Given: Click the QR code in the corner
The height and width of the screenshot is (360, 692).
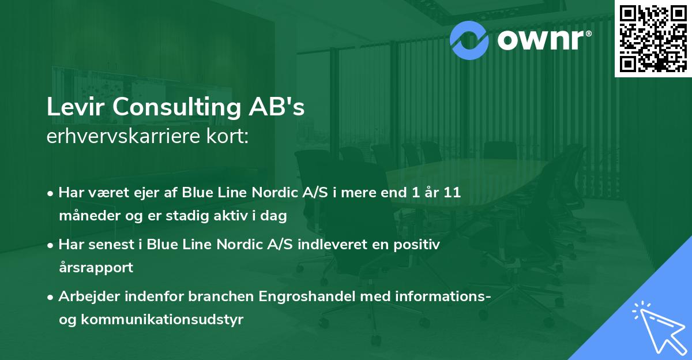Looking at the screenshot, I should [653, 38].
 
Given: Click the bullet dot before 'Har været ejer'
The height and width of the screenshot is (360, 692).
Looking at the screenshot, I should [51, 193].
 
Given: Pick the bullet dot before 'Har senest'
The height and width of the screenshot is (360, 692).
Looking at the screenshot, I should [51, 245].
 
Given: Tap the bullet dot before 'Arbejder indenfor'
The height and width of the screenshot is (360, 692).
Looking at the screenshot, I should [51, 297].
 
